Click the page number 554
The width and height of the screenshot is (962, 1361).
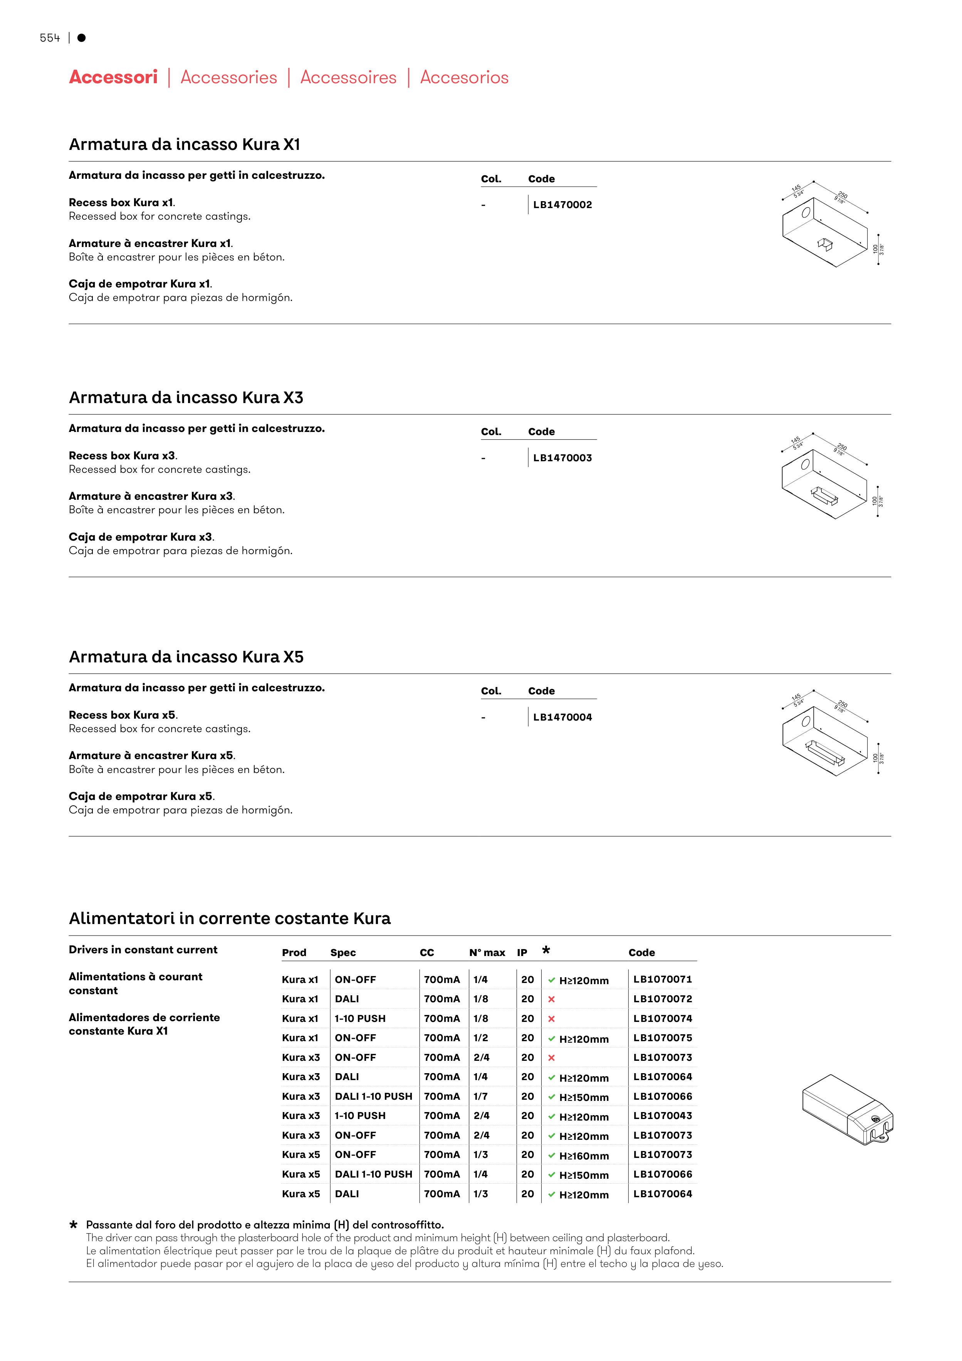tap(50, 38)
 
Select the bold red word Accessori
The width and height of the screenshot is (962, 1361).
tap(113, 77)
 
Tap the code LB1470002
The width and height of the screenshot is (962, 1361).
tap(562, 205)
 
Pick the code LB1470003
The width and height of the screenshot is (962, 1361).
tap(562, 458)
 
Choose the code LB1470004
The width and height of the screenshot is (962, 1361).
tap(562, 717)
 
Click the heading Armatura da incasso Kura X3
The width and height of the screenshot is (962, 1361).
tap(186, 397)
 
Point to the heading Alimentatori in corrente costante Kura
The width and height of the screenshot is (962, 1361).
tap(229, 918)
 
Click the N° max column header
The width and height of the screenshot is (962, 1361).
tap(487, 953)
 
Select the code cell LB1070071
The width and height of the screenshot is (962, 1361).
tap(662, 979)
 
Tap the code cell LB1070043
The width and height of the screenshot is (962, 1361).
tap(662, 1116)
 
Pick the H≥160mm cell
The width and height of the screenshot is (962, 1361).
tap(583, 1155)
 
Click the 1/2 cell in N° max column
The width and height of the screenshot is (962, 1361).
tap(480, 1038)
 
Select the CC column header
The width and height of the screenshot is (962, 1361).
tap(427, 953)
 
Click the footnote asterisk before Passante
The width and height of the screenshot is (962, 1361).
tap(74, 1225)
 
